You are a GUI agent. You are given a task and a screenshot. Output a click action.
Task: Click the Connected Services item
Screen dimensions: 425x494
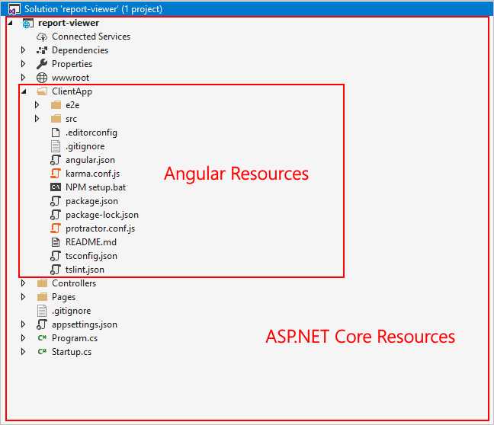coord(91,37)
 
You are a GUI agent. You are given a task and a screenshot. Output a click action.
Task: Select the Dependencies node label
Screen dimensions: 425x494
coord(79,50)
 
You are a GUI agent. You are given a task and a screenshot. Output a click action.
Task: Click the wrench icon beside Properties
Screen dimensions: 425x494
coord(42,64)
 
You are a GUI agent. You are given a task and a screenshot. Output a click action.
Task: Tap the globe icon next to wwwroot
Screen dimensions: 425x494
coord(42,78)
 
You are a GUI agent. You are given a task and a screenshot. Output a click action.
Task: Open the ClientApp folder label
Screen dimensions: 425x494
coord(72,91)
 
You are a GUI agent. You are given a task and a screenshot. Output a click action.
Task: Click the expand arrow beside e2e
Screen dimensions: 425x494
coord(37,105)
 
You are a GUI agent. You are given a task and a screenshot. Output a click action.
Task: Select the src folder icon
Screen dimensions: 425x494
coord(56,119)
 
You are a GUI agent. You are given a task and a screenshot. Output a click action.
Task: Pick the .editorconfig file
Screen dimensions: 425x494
coord(91,133)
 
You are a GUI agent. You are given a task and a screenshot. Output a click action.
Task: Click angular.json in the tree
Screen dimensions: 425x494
coord(90,160)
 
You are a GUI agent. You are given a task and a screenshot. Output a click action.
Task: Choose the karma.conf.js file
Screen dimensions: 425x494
coord(91,174)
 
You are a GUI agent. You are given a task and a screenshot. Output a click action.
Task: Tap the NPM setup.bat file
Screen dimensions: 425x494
coord(95,187)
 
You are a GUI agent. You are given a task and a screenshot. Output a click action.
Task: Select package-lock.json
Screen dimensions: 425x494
coord(101,215)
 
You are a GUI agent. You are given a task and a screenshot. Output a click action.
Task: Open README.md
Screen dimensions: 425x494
coord(91,242)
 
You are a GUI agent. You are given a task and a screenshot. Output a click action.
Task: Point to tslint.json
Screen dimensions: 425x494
coord(85,270)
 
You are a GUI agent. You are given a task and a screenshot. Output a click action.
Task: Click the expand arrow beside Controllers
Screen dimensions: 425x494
coord(23,283)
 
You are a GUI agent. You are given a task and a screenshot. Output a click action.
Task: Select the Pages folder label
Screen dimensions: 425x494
coord(63,297)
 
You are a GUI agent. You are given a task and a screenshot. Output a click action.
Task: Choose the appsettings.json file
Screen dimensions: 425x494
coord(84,324)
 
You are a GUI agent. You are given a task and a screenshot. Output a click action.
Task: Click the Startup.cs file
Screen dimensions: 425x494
coord(71,352)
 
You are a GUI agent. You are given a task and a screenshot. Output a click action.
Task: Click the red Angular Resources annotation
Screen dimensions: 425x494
coord(236,174)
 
